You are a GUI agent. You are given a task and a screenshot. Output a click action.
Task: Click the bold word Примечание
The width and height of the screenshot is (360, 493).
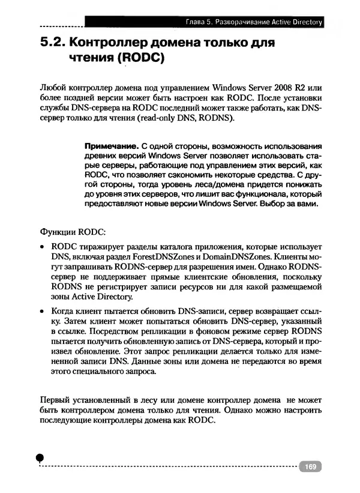[111, 146]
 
